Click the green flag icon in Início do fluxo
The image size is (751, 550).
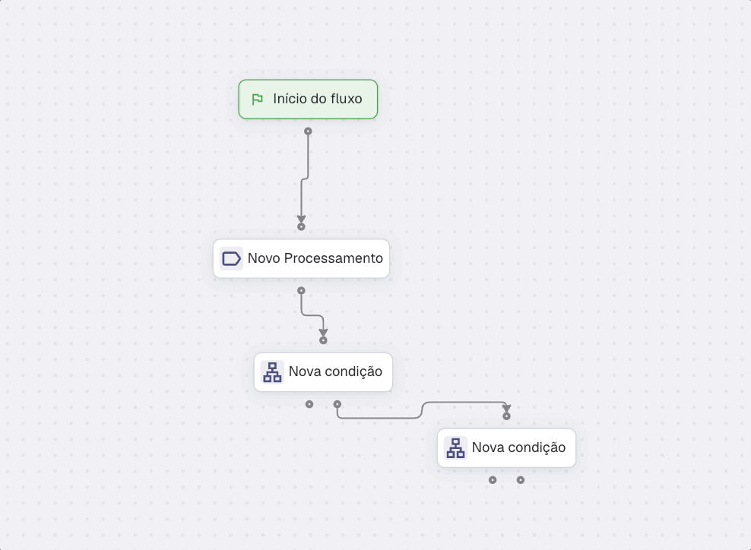tap(257, 99)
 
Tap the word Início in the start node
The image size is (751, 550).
tap(289, 99)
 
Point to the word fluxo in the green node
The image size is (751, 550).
tap(346, 99)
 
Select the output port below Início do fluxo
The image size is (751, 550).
tap(308, 131)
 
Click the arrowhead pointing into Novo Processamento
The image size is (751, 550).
tap(301, 218)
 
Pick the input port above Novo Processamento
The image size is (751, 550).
tap(301, 226)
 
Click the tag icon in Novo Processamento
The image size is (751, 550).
tap(231, 258)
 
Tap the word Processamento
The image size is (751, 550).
tap(334, 258)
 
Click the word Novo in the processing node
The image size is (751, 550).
tap(264, 258)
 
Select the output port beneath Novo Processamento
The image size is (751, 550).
tap(301, 290)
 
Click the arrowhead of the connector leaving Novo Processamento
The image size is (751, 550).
tap(323, 332)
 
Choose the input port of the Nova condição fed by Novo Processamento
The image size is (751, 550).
tap(323, 340)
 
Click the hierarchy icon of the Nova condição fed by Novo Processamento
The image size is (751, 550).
tap(273, 372)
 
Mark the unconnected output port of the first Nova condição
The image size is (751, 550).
tap(309, 404)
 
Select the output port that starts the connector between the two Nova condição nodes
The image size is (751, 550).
tap(337, 404)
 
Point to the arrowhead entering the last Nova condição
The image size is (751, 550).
tap(506, 408)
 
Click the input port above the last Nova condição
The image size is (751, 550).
tap(506, 416)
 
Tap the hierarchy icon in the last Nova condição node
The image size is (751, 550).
tap(455, 448)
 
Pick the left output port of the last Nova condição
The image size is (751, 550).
tap(493, 480)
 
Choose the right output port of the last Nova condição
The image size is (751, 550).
tap(520, 480)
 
